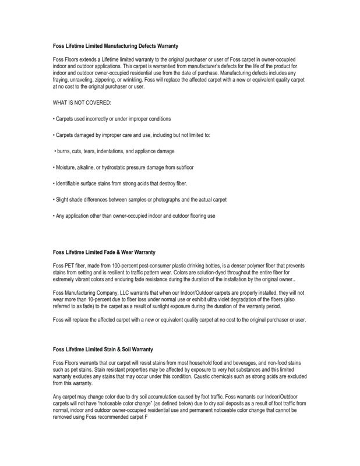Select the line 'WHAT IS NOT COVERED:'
[77, 103]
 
